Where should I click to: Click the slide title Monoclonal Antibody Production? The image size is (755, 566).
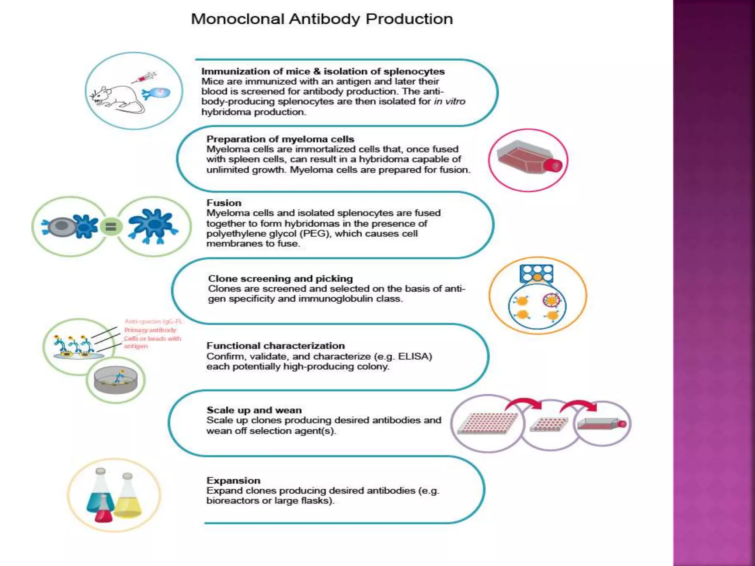coord(321,19)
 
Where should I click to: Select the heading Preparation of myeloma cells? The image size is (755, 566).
coord(280,139)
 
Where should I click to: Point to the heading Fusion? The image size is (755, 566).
coord(224,203)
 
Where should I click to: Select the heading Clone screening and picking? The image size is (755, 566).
coord(280,279)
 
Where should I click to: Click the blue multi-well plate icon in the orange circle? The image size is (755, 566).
coord(536,273)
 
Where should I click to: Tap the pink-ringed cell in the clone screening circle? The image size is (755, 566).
coord(551,300)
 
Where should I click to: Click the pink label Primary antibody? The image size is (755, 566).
coord(150,330)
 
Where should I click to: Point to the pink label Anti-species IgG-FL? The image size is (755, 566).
coord(153,322)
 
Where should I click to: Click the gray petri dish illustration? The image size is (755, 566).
coord(116,381)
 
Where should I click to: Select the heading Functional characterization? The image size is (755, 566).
coord(275,346)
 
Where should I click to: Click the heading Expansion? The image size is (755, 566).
coord(233,481)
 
